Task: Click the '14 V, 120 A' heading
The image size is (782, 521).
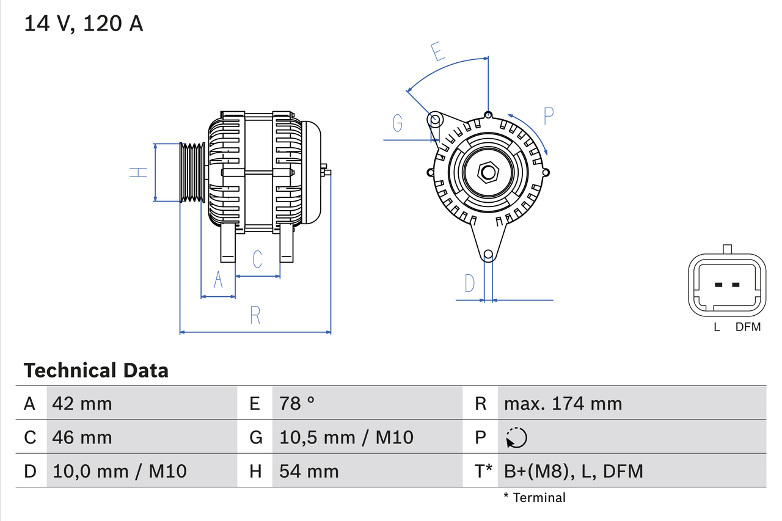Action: (x=83, y=24)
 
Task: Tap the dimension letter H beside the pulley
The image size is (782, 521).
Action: (x=139, y=172)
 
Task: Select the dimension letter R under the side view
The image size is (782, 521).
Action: (x=255, y=315)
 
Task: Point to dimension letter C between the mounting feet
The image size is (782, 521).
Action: (x=257, y=259)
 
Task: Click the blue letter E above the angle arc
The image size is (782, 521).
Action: (x=437, y=52)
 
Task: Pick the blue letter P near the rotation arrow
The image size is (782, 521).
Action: (x=548, y=116)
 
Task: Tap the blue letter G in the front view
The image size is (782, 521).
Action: (x=398, y=123)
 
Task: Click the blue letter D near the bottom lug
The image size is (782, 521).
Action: (x=469, y=283)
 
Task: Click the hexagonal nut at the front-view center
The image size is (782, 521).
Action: (x=488, y=172)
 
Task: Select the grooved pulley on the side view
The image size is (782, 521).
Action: (x=192, y=172)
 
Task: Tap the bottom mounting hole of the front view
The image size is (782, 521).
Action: (x=488, y=255)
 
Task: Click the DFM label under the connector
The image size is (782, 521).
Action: (x=748, y=327)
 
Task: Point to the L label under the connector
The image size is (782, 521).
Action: (x=717, y=327)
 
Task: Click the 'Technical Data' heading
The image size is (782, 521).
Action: (x=96, y=371)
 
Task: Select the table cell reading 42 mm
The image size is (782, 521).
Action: (x=82, y=403)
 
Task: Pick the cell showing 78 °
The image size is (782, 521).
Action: (x=297, y=403)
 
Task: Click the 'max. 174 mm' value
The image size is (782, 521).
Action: (x=563, y=403)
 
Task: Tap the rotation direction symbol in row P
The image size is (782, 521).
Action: (x=516, y=437)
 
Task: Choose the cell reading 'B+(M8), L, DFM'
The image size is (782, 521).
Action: (x=573, y=471)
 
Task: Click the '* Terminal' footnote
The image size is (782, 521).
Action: (x=534, y=498)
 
